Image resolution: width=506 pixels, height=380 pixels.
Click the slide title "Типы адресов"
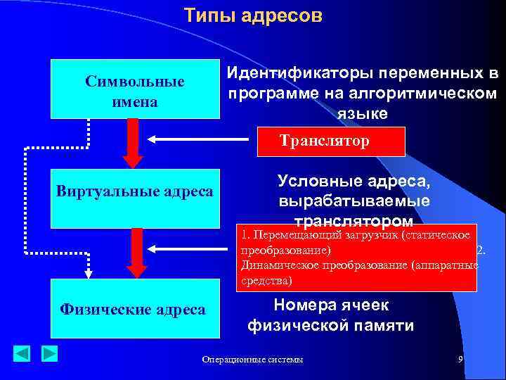point(253,15)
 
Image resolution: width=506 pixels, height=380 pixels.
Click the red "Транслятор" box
point(332,141)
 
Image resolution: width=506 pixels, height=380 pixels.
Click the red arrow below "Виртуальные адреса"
point(138,249)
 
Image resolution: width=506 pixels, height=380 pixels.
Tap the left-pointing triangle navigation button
point(22,353)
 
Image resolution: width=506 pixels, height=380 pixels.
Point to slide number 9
point(460,360)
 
